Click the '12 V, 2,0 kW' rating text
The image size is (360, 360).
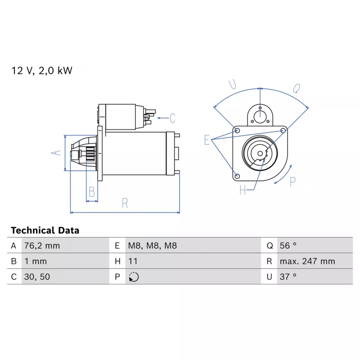tap(42, 71)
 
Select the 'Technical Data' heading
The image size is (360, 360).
tap(45, 230)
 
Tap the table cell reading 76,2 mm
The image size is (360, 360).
tap(42, 246)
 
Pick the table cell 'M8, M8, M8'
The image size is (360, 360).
tap(153, 246)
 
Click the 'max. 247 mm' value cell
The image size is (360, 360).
tap(307, 261)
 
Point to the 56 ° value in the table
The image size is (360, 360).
tap(288, 246)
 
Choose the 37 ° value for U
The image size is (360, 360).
tap(288, 277)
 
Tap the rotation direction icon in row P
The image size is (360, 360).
tap(134, 277)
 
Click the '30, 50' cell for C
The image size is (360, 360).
tap(37, 277)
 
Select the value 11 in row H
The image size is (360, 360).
tap(133, 261)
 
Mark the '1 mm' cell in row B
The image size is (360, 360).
tap(36, 261)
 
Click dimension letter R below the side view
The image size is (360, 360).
tap(125, 203)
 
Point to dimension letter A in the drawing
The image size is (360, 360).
tap(56, 153)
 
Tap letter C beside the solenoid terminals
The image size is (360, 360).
tap(173, 118)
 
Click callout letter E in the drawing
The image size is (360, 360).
tap(207, 140)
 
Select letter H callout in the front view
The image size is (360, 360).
tap(243, 190)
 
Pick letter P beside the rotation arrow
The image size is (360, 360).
tap(292, 182)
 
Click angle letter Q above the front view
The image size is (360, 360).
tap(297, 88)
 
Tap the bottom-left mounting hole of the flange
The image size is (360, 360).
tap(238, 176)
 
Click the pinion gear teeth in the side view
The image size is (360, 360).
tap(90, 153)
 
